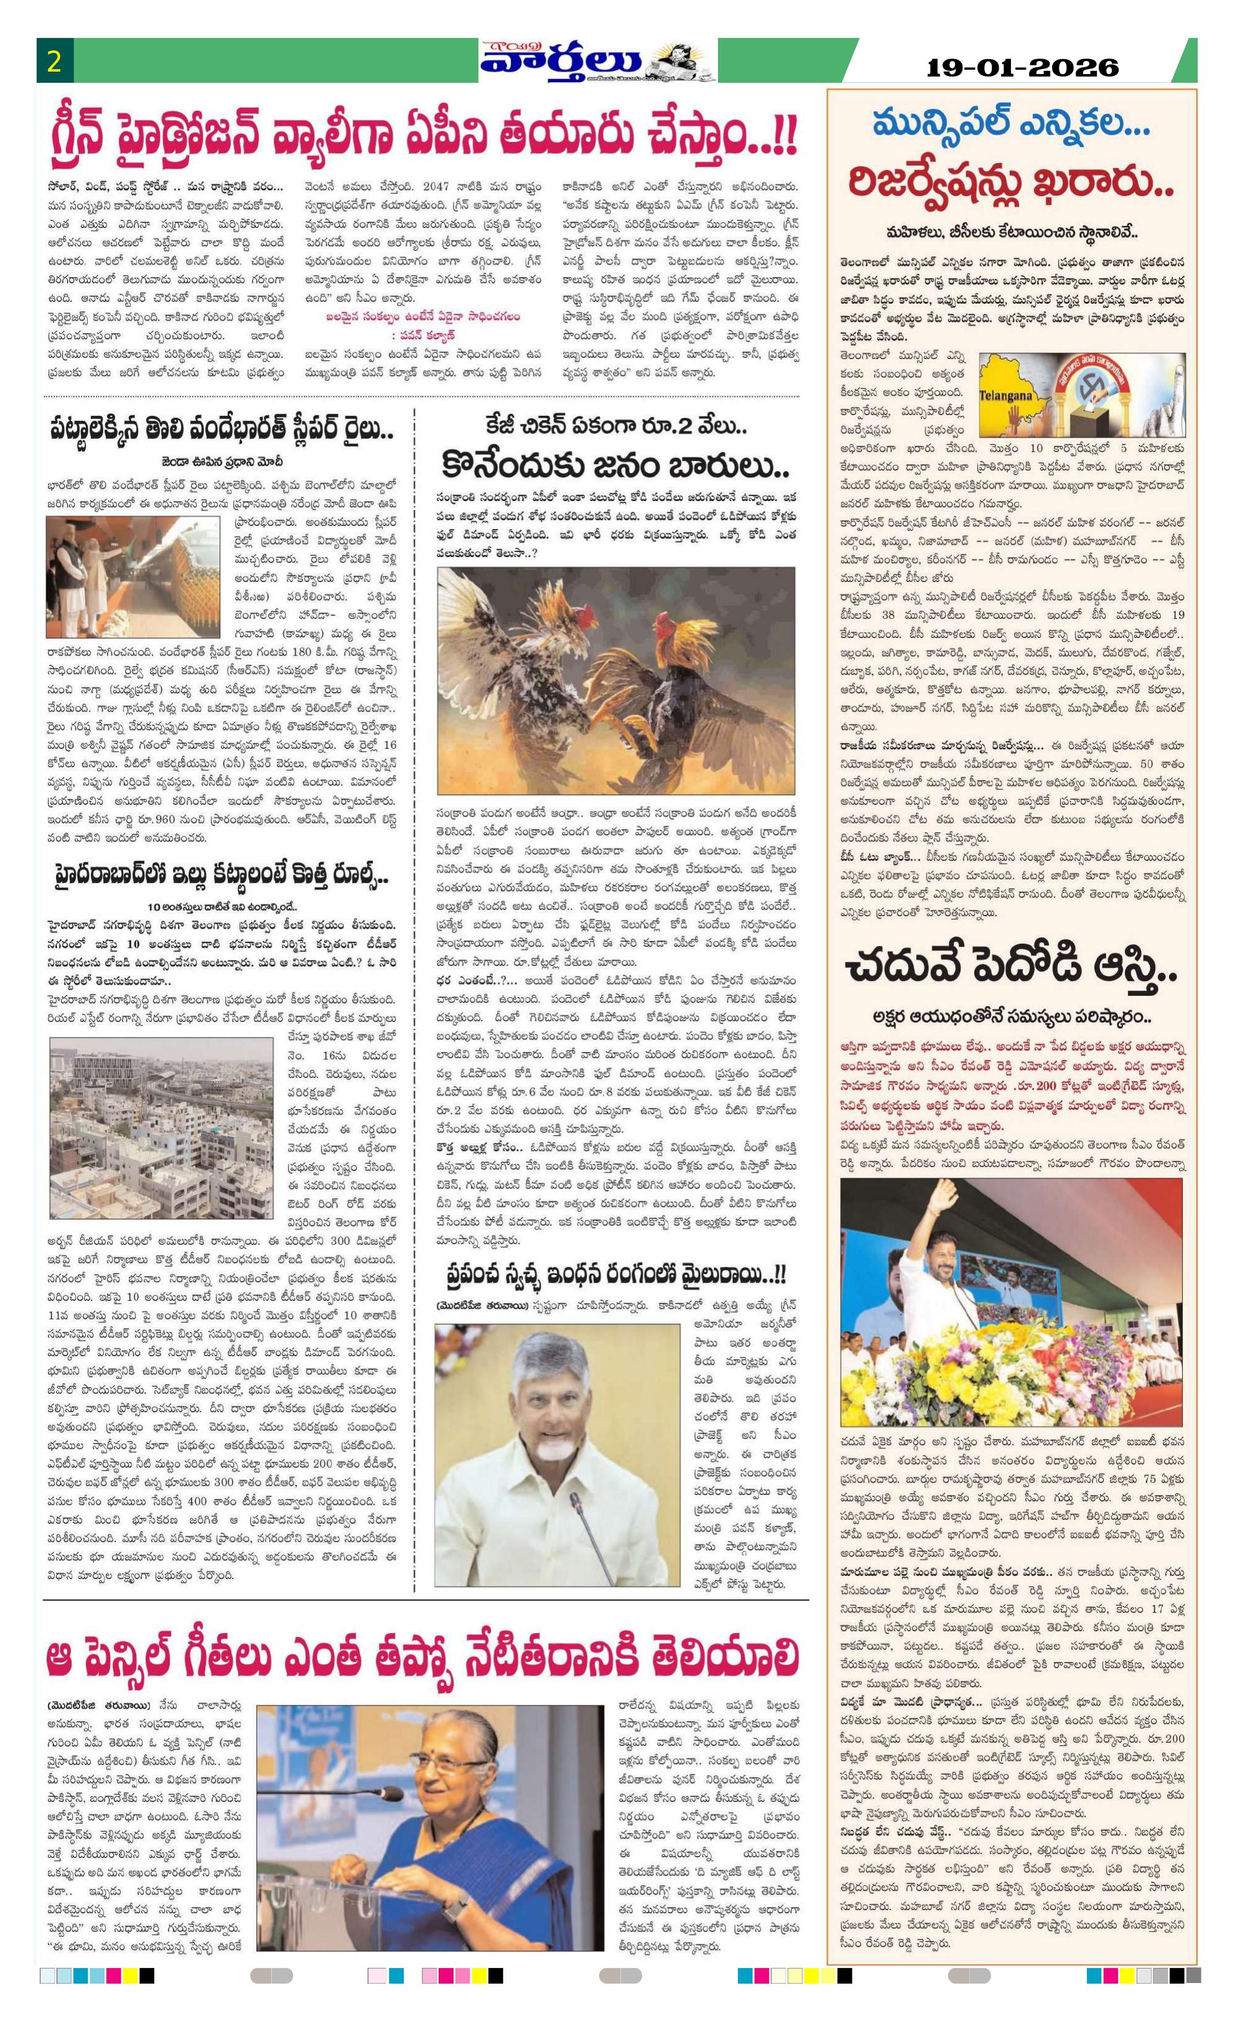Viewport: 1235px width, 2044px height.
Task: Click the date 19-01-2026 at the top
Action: tap(1022, 67)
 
